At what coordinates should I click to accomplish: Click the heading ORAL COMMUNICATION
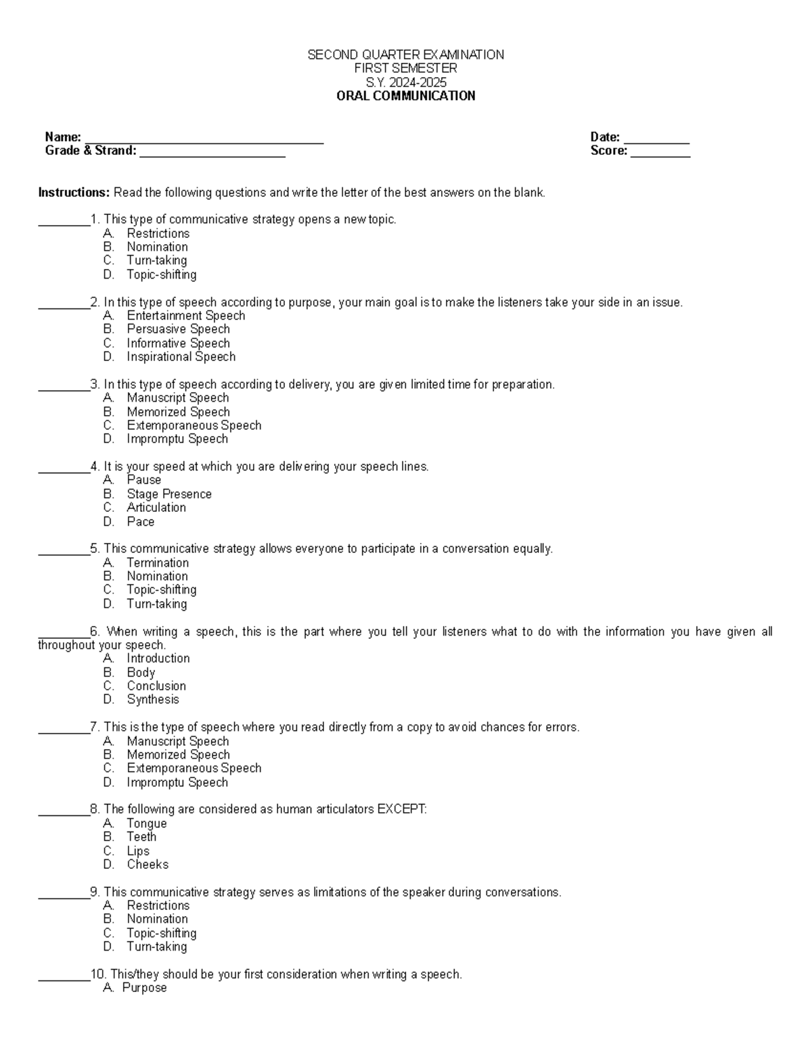(x=405, y=96)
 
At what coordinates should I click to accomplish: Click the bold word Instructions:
(x=73, y=193)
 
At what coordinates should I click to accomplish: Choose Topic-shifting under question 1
(x=161, y=275)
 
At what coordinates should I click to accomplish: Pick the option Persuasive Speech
(x=178, y=329)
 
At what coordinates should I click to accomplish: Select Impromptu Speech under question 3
(x=177, y=439)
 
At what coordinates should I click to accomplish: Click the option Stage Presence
(x=168, y=494)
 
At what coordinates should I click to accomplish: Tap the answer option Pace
(x=140, y=522)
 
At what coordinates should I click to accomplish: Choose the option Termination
(x=158, y=563)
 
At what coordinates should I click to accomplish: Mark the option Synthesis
(x=152, y=700)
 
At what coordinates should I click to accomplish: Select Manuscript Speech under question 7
(x=177, y=741)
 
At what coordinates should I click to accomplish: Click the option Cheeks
(x=147, y=865)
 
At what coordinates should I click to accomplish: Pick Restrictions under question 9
(x=158, y=905)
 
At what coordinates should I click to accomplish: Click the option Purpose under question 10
(x=144, y=988)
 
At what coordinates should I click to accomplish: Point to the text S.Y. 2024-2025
(x=405, y=82)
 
